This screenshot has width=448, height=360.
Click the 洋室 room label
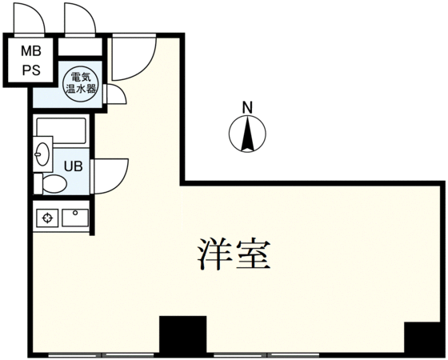tap(234, 254)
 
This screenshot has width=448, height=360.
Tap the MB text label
tap(31, 51)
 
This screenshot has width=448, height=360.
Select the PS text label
tap(31, 70)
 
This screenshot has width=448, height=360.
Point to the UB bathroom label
tap(73, 166)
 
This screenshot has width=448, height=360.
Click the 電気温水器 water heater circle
tap(80, 83)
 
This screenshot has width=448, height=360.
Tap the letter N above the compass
tap(247, 108)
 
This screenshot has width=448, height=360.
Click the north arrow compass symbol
tap(247, 134)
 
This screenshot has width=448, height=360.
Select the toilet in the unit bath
tap(50, 184)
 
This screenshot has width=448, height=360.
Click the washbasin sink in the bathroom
tap(43, 154)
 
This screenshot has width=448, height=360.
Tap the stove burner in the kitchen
tap(47, 218)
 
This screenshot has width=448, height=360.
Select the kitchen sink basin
tap(75, 218)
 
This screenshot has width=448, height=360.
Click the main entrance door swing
tap(134, 58)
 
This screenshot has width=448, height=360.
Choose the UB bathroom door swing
tap(110, 176)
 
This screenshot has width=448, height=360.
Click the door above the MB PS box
tap(29, 19)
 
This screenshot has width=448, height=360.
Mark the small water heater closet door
tap(115, 94)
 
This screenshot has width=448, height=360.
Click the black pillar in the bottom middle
tap(183, 335)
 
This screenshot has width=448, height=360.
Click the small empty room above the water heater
tap(80, 47)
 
